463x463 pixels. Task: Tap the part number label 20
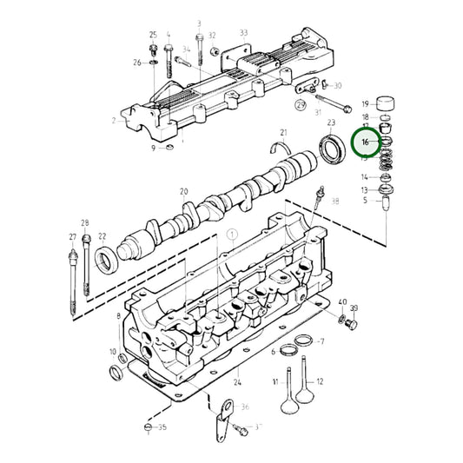point(183,192)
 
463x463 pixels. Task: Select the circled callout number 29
point(300,105)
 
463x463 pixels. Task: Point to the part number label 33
point(244,33)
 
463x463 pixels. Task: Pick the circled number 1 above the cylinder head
point(232,235)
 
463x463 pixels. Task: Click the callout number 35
point(163,427)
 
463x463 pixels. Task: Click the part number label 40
point(342,303)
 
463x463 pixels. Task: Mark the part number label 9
point(153,149)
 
